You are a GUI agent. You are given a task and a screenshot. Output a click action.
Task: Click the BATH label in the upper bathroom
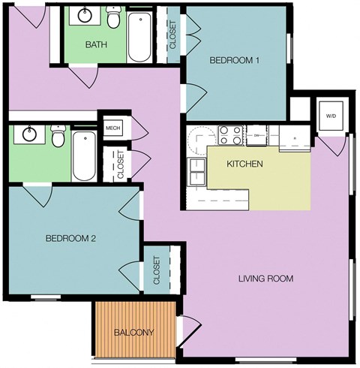pos(95,44)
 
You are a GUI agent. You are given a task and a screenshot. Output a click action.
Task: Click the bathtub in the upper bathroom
pos(140,38)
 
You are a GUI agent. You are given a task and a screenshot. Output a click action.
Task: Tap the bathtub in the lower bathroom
pos(84,155)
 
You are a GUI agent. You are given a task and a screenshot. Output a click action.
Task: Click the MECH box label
pos(112,128)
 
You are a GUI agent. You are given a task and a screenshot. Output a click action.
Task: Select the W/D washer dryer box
pos(331,116)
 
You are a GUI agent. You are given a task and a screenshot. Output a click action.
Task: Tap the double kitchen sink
pos(196,172)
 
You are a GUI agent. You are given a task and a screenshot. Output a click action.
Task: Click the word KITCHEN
pos(244,163)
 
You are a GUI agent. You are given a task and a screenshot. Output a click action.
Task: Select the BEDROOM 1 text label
pos(234,61)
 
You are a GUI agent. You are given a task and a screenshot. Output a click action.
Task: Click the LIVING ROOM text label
pos(265,279)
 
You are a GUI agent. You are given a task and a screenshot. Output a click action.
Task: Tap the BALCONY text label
pos(134,333)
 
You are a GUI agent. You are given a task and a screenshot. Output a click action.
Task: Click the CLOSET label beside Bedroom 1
pos(173,35)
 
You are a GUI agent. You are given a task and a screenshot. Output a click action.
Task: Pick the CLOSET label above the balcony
pos(157,271)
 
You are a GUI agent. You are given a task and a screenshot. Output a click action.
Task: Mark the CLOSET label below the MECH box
pos(120,165)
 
